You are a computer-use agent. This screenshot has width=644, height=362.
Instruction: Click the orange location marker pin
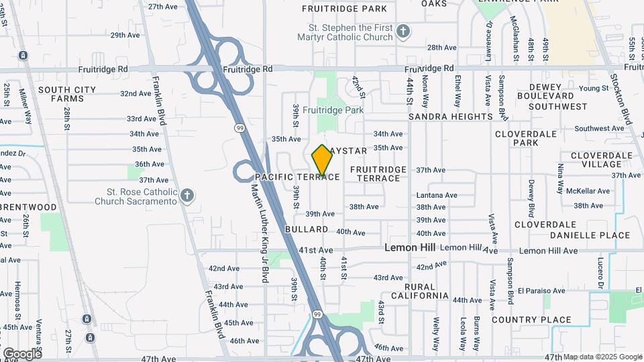[322, 160]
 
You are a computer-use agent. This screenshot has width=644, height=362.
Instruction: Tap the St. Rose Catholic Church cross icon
[187, 196]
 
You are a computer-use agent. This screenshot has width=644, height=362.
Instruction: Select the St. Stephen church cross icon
[402, 32]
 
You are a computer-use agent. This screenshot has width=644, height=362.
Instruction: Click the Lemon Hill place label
[409, 247]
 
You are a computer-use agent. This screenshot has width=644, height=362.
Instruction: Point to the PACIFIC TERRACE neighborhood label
[297, 177]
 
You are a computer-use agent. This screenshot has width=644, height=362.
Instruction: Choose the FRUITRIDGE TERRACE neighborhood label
[378, 174]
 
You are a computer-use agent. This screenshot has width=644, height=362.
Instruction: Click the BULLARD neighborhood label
[306, 229]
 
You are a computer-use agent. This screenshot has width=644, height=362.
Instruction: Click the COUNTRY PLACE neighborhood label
[531, 320]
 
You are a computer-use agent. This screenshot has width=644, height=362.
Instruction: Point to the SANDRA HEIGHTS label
[450, 117]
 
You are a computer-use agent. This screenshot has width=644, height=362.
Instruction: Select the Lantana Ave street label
[436, 195]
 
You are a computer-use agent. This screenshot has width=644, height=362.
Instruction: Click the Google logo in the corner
[22, 353]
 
